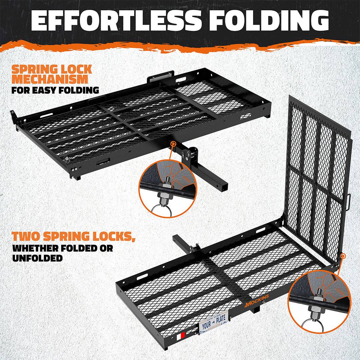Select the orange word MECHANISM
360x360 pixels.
(x=50, y=79)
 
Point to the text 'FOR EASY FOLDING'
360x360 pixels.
(x=55, y=90)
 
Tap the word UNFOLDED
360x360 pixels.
(x=37, y=258)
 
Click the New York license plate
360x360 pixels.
(x=214, y=321)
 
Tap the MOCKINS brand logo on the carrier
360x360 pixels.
(x=257, y=301)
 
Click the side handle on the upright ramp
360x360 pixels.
(x=349, y=202)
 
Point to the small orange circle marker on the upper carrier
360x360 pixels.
(x=173, y=144)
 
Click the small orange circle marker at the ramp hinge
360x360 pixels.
(x=343, y=256)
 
